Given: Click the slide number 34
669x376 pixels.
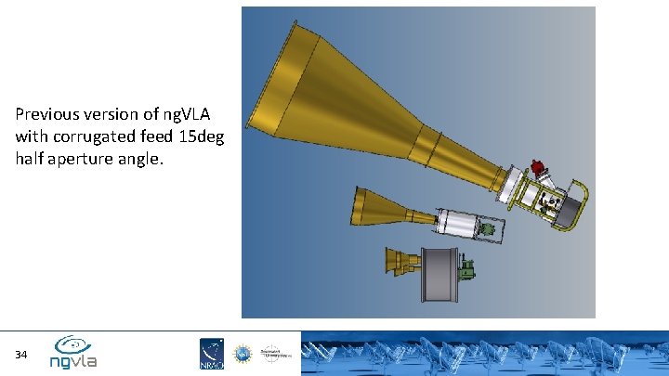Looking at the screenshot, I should pyautogui.click(x=20, y=355).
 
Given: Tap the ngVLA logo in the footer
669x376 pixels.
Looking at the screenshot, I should pyautogui.click(x=73, y=352).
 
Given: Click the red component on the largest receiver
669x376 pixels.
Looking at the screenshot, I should pyautogui.click(x=536, y=169).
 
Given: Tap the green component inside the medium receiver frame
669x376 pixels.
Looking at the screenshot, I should pyautogui.click(x=488, y=228).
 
